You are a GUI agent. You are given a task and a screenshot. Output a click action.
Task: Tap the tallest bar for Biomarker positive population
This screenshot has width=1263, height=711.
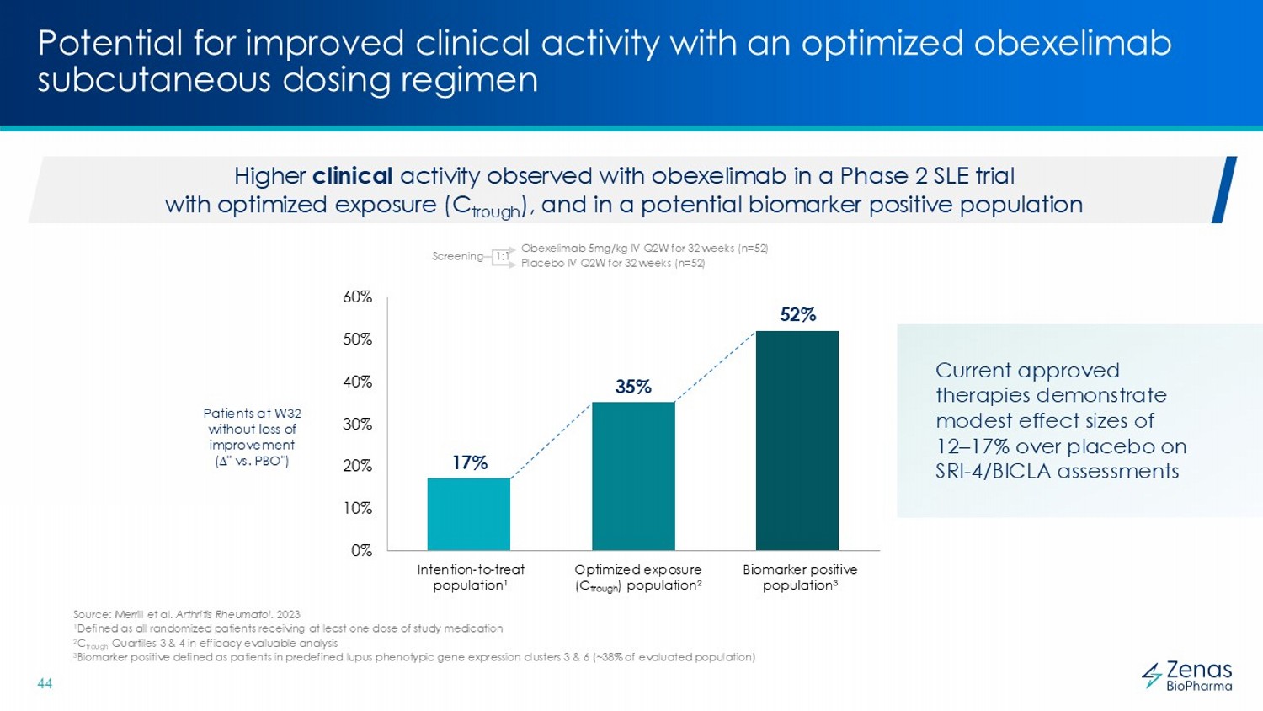(797, 440)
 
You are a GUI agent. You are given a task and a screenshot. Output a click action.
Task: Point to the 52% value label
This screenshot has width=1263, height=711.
(797, 315)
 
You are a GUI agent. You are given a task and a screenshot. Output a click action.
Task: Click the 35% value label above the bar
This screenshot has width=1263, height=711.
(633, 387)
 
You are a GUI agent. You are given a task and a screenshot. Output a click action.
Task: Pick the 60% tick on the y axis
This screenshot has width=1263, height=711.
(357, 297)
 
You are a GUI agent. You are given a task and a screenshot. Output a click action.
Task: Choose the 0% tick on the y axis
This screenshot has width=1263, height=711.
(361, 551)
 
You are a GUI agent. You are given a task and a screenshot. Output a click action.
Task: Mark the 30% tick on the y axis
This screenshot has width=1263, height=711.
(357, 425)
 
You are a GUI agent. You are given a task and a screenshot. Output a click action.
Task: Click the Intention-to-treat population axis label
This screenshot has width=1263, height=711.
(471, 577)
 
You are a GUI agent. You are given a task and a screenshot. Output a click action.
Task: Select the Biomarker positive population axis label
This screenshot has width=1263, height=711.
(800, 577)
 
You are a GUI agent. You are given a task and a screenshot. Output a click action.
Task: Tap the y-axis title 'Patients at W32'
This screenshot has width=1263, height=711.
(252, 414)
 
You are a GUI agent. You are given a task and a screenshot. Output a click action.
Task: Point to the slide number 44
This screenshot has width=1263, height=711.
(45, 684)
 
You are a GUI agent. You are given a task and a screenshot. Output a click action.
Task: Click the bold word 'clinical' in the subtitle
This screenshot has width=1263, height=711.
(352, 176)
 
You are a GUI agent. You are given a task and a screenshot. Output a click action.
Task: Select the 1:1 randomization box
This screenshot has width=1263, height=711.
(502, 256)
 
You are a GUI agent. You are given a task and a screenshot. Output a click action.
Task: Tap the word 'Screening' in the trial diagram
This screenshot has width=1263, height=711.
(457, 256)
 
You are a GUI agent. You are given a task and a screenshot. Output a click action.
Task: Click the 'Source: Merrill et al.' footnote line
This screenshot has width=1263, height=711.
(186, 615)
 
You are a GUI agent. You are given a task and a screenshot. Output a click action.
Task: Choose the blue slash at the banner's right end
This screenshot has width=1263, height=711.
(1223, 190)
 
